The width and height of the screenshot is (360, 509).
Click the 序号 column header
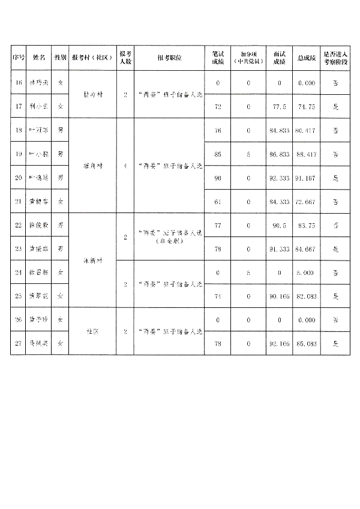(18, 58)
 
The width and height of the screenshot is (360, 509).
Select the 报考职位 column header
(169, 58)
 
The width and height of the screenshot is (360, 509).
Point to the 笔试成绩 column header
(218, 58)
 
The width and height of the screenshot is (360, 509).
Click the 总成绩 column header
(306, 58)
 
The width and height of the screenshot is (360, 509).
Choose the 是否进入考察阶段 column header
(335, 58)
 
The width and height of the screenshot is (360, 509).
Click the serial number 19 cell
(18, 154)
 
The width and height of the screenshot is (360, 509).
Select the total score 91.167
(306, 178)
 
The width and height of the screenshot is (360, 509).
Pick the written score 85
(218, 154)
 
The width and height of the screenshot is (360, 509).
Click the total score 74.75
(306, 106)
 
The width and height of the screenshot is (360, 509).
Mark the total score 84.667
(306, 248)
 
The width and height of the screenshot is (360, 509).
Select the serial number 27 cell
(18, 343)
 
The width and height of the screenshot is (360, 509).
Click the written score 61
(218, 202)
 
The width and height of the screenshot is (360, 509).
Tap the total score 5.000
(306, 273)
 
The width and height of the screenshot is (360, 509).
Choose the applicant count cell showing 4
(125, 166)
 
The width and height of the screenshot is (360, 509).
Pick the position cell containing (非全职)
(169, 236)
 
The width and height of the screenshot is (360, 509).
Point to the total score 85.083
(306, 343)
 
